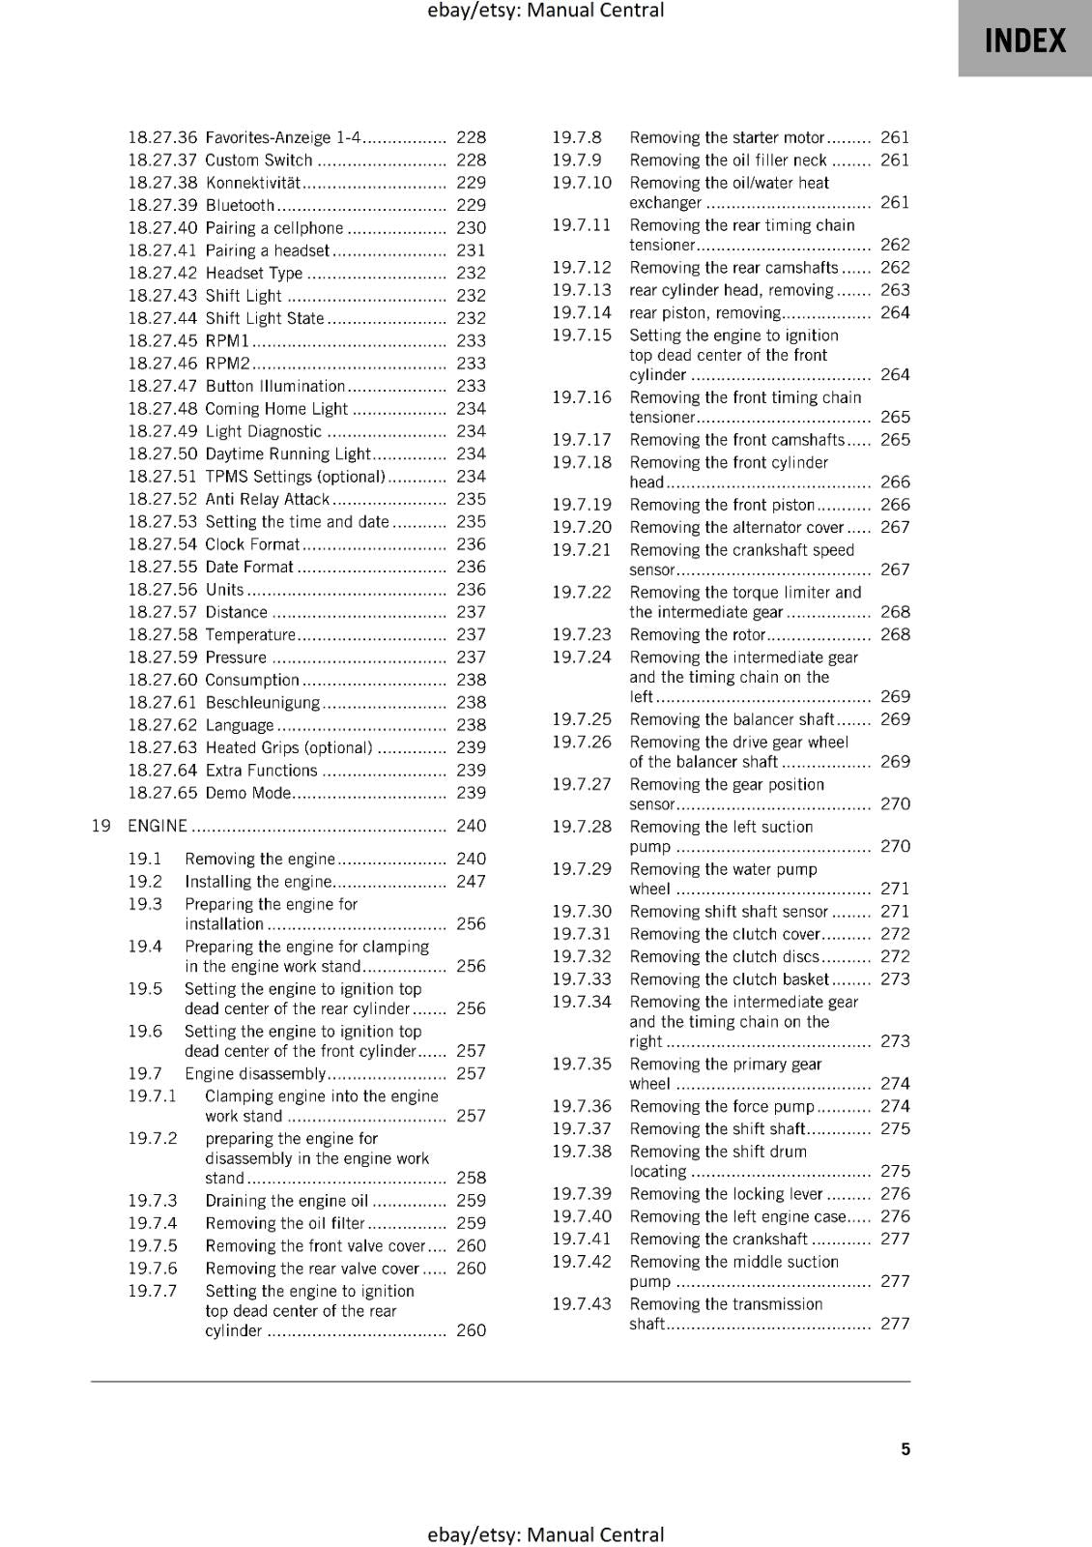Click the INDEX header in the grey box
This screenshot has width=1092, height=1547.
click(1024, 41)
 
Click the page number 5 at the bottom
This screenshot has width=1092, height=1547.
click(905, 1448)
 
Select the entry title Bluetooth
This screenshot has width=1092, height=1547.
click(240, 205)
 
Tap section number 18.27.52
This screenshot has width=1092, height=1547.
click(161, 499)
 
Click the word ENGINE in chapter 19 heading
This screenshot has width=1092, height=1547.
click(158, 826)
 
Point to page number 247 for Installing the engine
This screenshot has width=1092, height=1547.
click(471, 881)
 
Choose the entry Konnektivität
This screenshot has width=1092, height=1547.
click(253, 183)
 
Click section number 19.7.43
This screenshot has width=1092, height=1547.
click(581, 1303)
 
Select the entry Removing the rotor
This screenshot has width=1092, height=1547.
click(697, 634)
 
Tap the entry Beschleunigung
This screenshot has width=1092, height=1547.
click(262, 703)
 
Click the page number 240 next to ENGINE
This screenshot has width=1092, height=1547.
click(471, 826)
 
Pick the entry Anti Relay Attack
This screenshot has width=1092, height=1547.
click(267, 499)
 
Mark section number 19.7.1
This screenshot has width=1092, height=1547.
click(152, 1095)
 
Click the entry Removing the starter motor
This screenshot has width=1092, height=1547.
click(727, 137)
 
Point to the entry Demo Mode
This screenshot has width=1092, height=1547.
click(247, 793)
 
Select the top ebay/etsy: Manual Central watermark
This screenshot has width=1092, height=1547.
click(545, 11)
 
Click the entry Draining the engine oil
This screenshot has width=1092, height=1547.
click(286, 1201)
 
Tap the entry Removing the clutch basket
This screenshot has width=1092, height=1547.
click(729, 978)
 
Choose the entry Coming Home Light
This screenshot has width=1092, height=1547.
click(275, 409)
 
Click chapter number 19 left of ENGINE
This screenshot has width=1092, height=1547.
click(101, 826)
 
